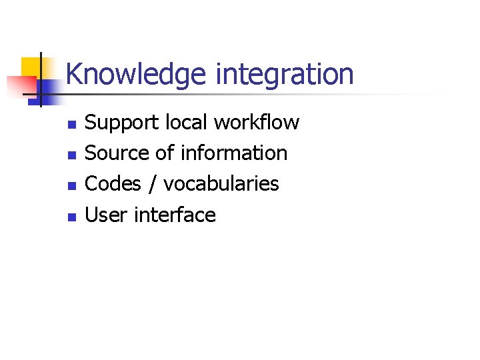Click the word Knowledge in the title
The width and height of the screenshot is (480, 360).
coord(136,75)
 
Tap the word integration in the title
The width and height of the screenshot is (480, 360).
coord(285,75)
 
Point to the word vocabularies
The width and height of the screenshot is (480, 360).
coord(221,184)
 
